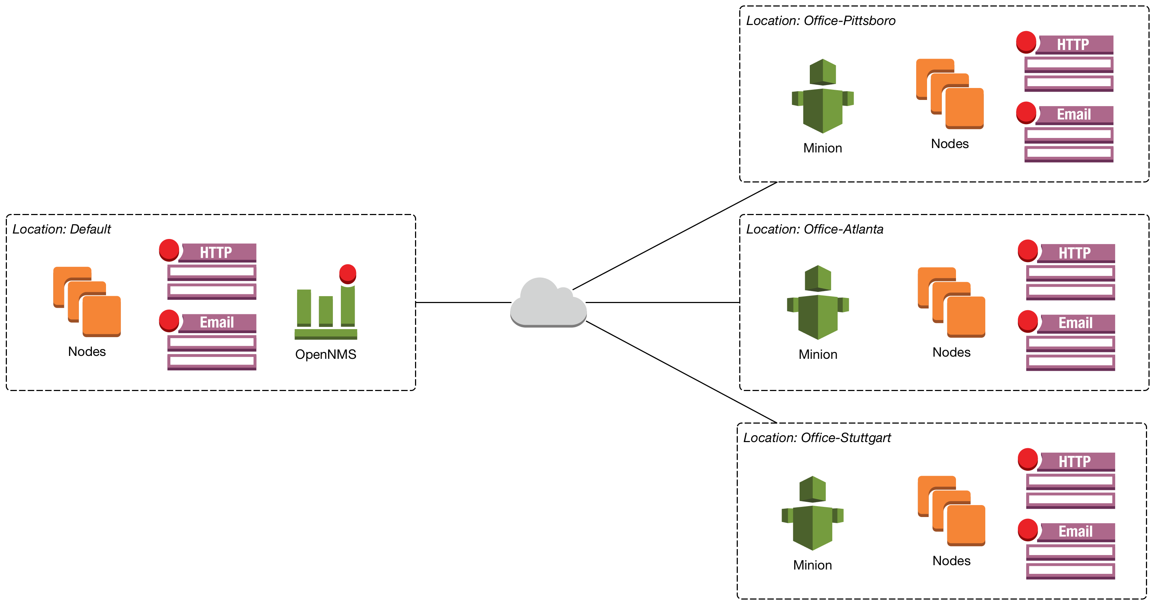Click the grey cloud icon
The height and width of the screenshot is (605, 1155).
(548, 304)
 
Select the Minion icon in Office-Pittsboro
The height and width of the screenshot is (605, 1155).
(823, 96)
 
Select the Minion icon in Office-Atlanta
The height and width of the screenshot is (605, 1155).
(818, 303)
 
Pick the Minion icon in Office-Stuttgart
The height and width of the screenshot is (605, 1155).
(812, 513)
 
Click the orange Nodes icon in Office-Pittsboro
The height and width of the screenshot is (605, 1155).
(949, 94)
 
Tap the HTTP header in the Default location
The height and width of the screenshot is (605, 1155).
(216, 252)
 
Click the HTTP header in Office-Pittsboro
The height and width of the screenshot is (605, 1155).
(1073, 45)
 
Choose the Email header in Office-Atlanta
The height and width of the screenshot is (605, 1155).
(1075, 323)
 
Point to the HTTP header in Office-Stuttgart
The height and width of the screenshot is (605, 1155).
(1075, 462)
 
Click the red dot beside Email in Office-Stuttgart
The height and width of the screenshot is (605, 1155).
(1027, 530)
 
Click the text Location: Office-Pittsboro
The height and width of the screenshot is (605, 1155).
(821, 21)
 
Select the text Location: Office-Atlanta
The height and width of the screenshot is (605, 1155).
(814, 229)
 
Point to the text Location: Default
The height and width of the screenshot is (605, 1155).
(62, 229)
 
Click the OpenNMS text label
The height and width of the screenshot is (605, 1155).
(326, 354)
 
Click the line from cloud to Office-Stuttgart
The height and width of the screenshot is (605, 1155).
(681, 372)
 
